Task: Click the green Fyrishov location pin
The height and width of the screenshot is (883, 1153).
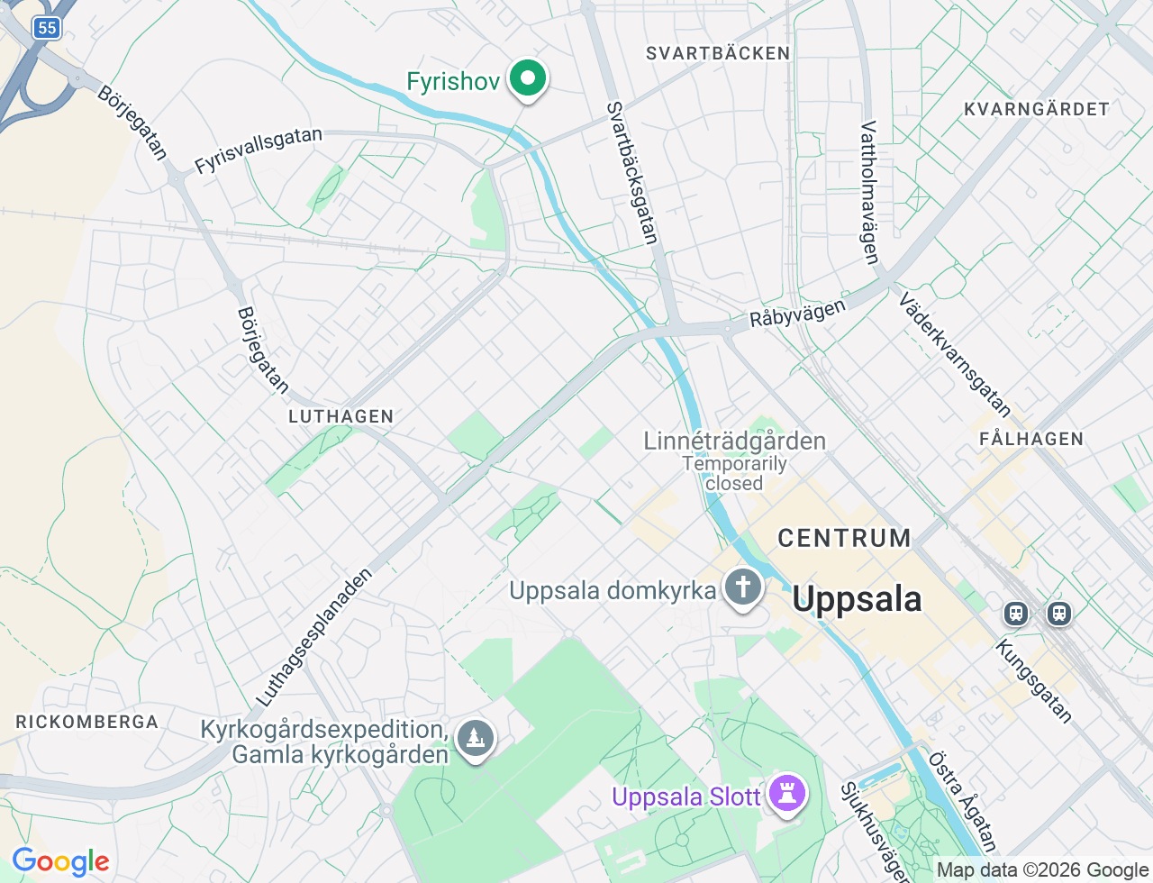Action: click(x=528, y=78)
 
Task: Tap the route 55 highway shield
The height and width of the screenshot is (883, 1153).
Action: click(x=47, y=28)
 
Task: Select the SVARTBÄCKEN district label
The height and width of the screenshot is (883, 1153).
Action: click(x=718, y=53)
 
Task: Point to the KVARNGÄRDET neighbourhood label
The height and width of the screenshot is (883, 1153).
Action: click(x=1036, y=109)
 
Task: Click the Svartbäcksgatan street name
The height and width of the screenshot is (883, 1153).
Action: click(x=632, y=172)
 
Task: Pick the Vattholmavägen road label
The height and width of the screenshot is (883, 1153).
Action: click(x=869, y=193)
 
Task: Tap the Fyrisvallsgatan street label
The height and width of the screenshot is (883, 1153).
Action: click(x=259, y=150)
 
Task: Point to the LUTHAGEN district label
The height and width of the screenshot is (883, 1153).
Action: click(x=341, y=416)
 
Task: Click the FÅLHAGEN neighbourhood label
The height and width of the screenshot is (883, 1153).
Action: click(x=1031, y=439)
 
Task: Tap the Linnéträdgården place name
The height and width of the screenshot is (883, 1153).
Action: click(x=734, y=441)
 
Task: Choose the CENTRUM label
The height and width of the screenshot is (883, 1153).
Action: click(x=844, y=538)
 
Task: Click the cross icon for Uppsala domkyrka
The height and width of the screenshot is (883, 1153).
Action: click(x=743, y=587)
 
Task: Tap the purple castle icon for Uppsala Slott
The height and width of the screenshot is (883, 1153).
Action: click(x=788, y=794)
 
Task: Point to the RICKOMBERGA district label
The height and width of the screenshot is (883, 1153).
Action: click(x=86, y=722)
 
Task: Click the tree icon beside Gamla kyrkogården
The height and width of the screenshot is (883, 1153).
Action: click(x=475, y=739)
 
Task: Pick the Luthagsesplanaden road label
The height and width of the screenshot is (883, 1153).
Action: click(x=313, y=637)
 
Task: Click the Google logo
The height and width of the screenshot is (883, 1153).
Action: click(x=60, y=862)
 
